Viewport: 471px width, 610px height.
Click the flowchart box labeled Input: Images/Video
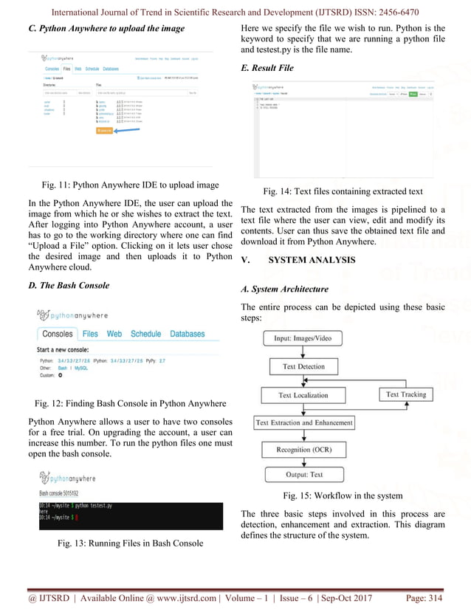(303, 338)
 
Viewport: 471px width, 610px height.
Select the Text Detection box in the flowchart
(303, 366)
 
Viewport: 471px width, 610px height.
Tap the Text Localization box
(303, 395)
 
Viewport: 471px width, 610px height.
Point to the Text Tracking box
(406, 394)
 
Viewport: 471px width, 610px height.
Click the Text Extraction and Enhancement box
(303, 423)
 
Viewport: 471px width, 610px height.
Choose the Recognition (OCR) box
(303, 450)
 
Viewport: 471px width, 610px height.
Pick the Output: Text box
(303, 474)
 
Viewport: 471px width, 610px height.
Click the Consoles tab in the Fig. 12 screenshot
(57, 334)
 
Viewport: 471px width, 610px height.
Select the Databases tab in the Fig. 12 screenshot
(188, 334)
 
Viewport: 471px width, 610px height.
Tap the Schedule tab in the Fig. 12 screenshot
(145, 334)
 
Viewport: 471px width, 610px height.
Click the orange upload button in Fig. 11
(105, 131)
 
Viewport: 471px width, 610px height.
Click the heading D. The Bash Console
(68, 285)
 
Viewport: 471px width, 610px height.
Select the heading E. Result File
(267, 68)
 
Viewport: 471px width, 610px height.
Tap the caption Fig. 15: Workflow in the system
(343, 495)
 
